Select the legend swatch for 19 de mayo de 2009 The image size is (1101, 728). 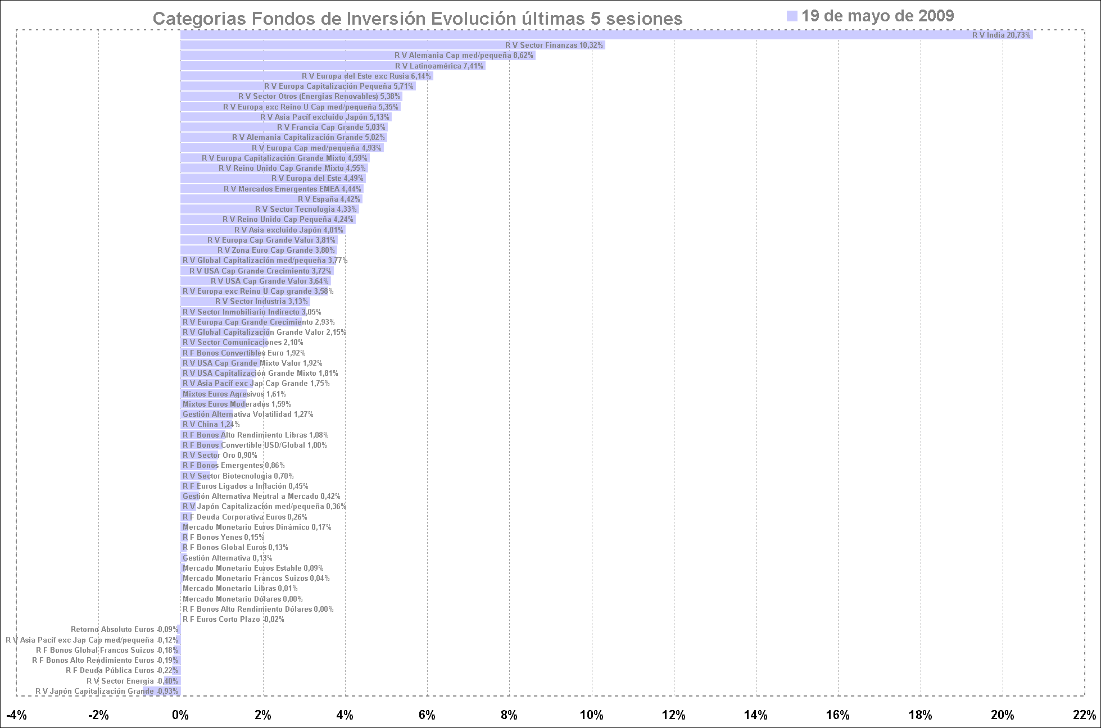click(x=792, y=16)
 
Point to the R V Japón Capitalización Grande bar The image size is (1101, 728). click(x=162, y=691)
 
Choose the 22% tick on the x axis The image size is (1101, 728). click(x=1084, y=715)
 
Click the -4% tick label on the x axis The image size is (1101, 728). click(x=16, y=715)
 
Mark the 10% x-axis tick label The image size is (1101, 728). click(x=591, y=715)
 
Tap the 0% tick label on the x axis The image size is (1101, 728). click(x=180, y=715)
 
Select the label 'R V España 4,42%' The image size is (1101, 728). click(x=329, y=199)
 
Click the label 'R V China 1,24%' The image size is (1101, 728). click(x=211, y=425)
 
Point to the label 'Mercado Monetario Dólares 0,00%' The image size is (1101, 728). click(x=242, y=599)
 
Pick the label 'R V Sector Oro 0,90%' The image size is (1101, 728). click(x=220, y=456)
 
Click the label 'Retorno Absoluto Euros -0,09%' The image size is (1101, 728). click(x=124, y=630)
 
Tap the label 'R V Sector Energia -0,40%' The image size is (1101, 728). click(x=132, y=681)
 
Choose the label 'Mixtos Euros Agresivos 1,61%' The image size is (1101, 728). click(x=234, y=394)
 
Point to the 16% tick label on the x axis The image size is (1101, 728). click(x=838, y=715)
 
